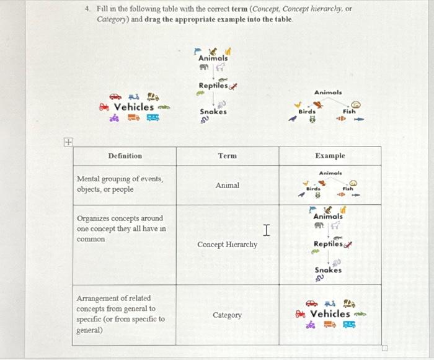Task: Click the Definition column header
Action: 125,156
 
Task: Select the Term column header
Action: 227,156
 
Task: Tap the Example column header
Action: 329,156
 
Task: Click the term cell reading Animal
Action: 227,185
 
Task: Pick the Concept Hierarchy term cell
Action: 227,245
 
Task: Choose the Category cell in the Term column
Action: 227,315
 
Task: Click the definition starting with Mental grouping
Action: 120,184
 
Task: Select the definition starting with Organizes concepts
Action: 120,228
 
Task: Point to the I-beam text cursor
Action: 265,231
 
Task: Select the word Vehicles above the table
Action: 133,107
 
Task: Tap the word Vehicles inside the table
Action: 330,313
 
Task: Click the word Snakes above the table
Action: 213,112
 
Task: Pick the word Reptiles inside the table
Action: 327,244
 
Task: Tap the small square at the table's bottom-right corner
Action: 384,348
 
